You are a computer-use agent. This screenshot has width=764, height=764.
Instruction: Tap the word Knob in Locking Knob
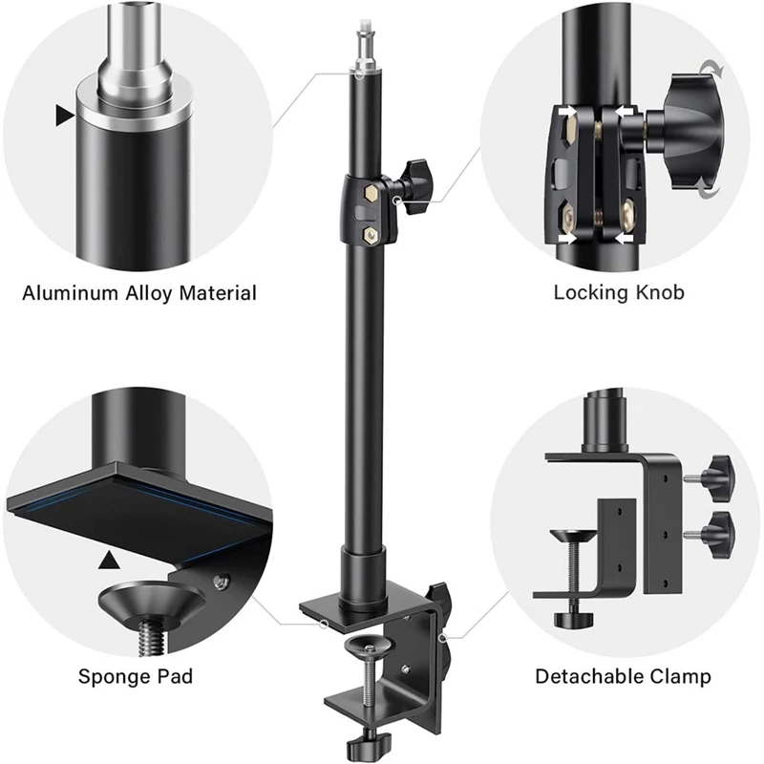[x=660, y=292]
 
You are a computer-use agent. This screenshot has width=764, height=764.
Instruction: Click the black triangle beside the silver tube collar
[x=64, y=117]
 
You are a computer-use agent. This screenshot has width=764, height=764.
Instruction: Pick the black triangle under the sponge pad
[x=115, y=559]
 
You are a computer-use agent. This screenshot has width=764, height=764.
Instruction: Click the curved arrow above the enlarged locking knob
[x=711, y=69]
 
